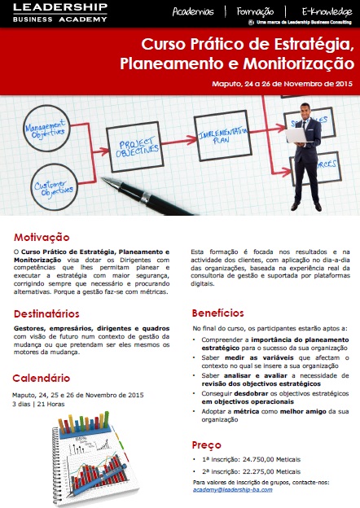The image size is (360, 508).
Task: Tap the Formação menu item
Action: point(255,12)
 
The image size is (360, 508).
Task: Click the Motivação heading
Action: point(42,238)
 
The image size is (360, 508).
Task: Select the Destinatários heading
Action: point(46,313)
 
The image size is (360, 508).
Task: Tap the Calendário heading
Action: point(41,378)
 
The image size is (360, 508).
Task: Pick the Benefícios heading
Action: point(217,313)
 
